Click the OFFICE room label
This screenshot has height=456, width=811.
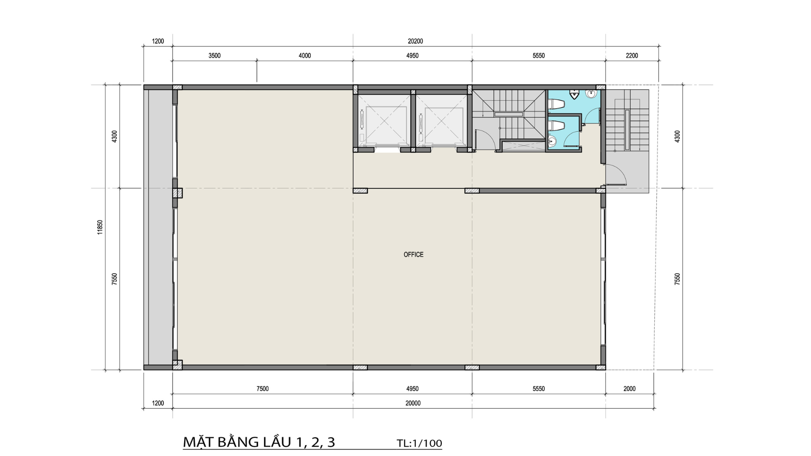[x=413, y=255]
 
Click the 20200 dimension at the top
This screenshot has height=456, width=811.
[x=415, y=41]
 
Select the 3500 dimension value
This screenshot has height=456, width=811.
[x=215, y=56]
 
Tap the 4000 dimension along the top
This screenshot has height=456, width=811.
[x=305, y=56]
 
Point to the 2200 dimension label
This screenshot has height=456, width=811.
[x=632, y=56]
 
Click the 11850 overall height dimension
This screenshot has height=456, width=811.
[x=100, y=227]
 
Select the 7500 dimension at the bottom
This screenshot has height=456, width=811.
[x=262, y=389]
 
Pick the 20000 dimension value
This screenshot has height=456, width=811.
[x=413, y=403]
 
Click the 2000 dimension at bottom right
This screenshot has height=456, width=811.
[x=629, y=389]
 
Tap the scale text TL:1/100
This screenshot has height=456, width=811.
[x=419, y=443]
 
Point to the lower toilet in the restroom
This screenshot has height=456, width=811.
[x=556, y=126]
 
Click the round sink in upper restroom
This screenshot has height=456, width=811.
[x=591, y=94]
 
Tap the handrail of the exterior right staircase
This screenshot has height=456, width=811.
[x=627, y=130]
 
